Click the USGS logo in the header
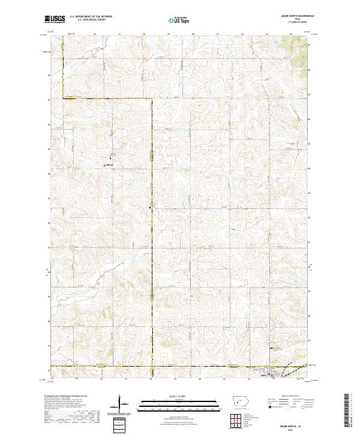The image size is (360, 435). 55,19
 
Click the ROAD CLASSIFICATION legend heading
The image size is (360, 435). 290,397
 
